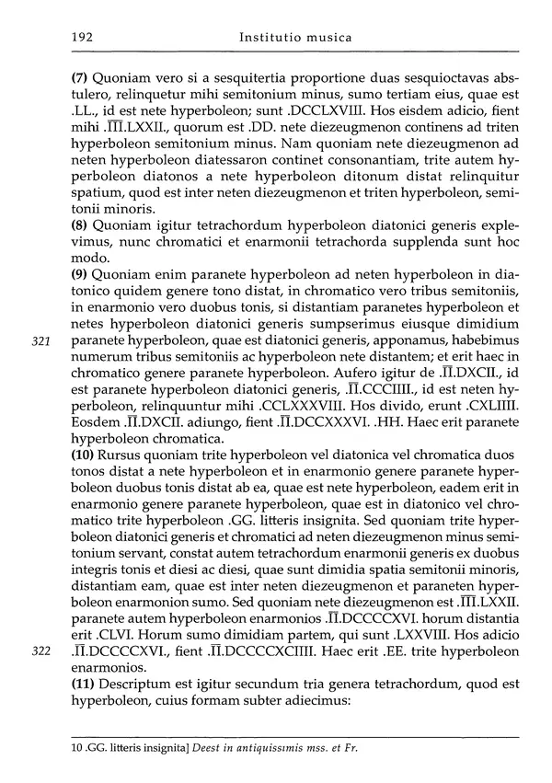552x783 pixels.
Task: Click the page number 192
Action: (x=81, y=38)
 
